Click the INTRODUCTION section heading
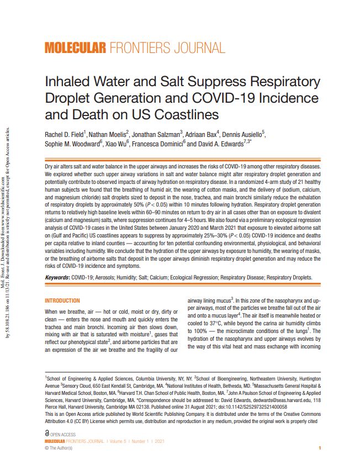click(x=62, y=300)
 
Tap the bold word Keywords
click(x=57, y=277)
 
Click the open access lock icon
click(x=47, y=435)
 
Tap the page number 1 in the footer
click(x=313, y=448)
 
